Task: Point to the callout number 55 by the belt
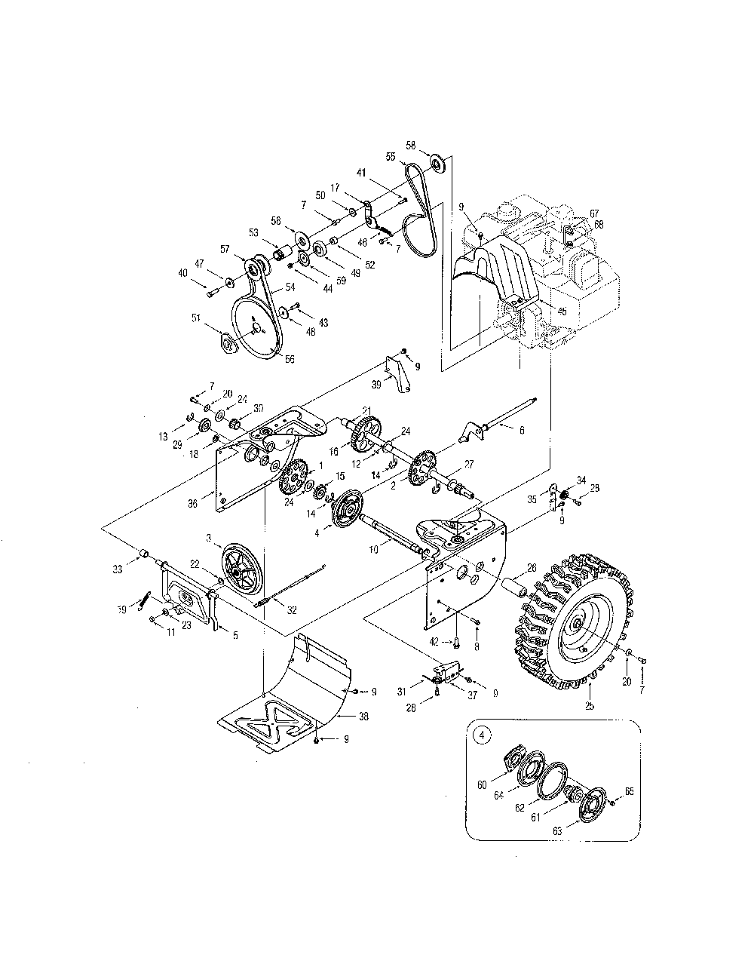(391, 156)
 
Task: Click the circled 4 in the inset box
(481, 735)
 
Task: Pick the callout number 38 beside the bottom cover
(363, 717)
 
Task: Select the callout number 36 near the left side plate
(192, 503)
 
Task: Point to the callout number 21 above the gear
(366, 410)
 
